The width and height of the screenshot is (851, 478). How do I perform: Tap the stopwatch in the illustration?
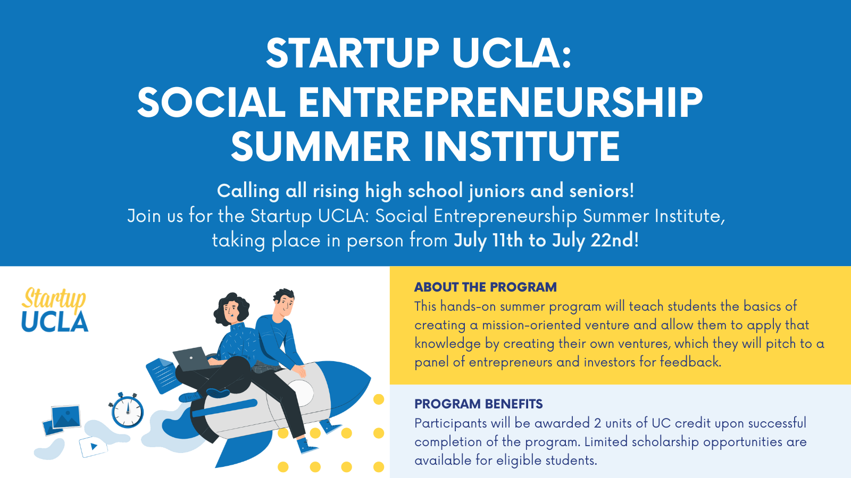click(127, 410)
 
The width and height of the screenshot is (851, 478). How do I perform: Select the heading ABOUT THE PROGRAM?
click(485, 287)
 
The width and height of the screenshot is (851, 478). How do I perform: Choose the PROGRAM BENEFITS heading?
click(478, 404)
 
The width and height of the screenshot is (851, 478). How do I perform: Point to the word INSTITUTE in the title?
click(522, 147)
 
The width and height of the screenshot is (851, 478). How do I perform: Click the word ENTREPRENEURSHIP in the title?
click(500, 103)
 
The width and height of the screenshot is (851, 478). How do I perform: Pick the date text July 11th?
click(488, 241)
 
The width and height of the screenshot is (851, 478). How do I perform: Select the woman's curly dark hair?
click(231, 308)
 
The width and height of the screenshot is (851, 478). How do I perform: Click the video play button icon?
click(93, 447)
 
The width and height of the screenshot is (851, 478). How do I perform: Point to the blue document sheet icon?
click(162, 375)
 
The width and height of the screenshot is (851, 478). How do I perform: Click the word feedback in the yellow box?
click(690, 362)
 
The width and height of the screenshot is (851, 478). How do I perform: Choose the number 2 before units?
click(597, 423)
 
